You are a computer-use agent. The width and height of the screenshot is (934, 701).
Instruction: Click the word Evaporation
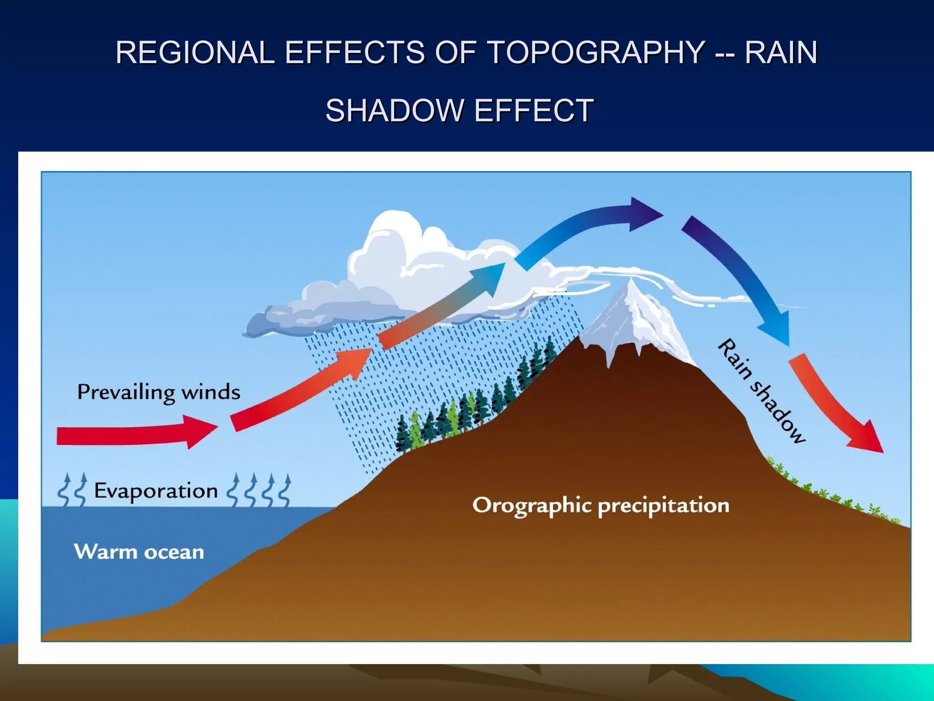pos(156,491)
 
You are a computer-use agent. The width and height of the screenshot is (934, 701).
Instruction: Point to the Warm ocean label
pos(139,552)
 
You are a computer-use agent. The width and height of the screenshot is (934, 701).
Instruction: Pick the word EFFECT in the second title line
pos(534,110)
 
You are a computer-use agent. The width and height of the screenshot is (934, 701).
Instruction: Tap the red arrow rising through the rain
pos(301,392)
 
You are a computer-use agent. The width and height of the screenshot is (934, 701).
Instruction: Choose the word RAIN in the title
pos(781,52)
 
